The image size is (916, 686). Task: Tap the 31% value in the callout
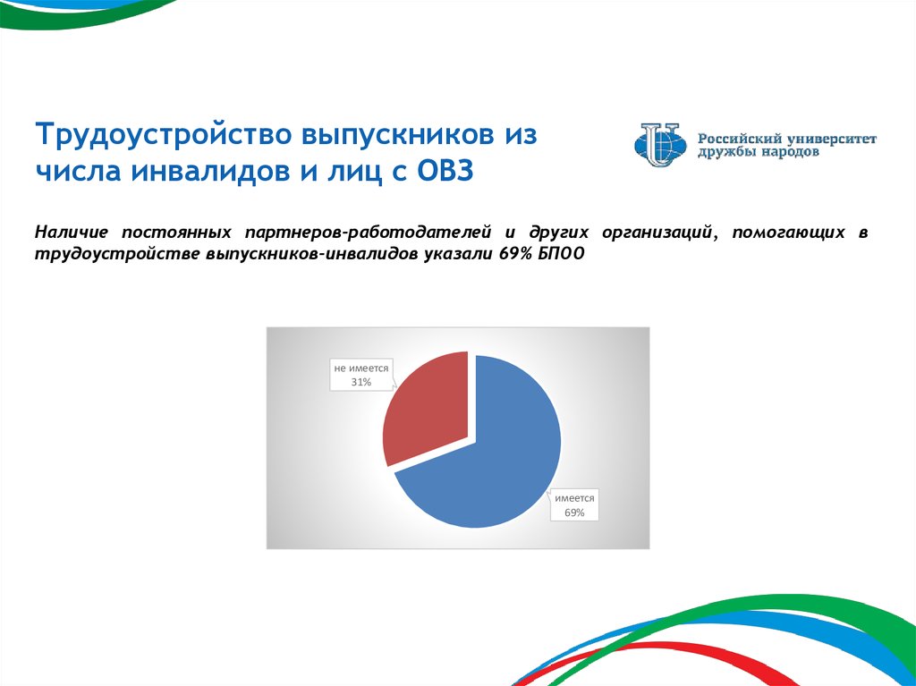click(x=361, y=382)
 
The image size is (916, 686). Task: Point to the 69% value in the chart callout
click(x=574, y=512)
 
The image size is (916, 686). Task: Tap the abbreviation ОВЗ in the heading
click(x=445, y=172)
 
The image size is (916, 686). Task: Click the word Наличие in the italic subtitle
click(x=72, y=232)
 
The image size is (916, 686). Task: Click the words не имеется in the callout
click(x=361, y=368)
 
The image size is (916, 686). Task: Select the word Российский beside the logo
click(x=740, y=139)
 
